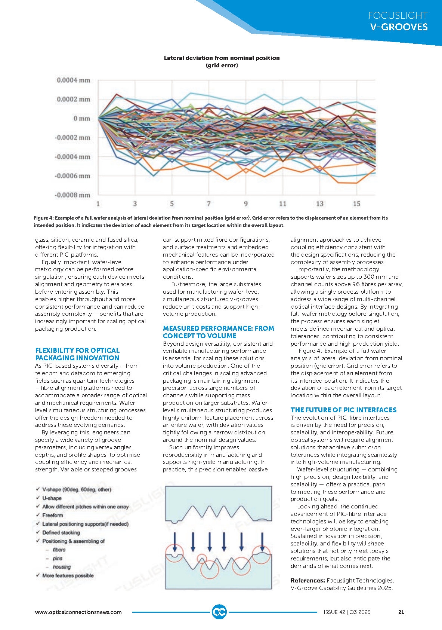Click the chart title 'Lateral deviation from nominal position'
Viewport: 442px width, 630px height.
click(x=222, y=58)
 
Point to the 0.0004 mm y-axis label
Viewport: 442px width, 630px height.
click(x=74, y=80)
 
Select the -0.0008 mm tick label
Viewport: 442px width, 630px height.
click(x=73, y=195)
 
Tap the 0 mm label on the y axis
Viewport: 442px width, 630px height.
click(x=81, y=119)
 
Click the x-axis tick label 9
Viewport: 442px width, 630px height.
click(x=245, y=204)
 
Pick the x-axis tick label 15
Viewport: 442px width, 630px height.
click(x=356, y=204)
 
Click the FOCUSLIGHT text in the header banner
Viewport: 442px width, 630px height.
click(x=398, y=16)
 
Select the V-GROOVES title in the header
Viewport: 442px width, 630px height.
click(x=399, y=27)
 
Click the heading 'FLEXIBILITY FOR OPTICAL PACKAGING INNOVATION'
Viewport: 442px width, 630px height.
click(x=77, y=354)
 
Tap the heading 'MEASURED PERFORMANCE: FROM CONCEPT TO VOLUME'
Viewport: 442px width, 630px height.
click(x=218, y=332)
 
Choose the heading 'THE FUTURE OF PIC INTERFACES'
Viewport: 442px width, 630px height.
click(x=343, y=410)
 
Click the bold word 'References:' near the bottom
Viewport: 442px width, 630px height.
click(x=307, y=581)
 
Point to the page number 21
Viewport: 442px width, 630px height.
click(x=401, y=612)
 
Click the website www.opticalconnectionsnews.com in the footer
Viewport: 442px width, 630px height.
click(x=78, y=612)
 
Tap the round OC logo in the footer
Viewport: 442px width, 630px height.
click(x=219, y=612)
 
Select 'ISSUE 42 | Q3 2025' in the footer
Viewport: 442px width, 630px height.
click(x=347, y=612)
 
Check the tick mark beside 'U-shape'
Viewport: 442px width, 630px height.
click(x=38, y=498)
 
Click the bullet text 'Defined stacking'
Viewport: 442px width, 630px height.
click(x=61, y=532)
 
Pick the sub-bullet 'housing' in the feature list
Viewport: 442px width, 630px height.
click(x=62, y=567)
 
